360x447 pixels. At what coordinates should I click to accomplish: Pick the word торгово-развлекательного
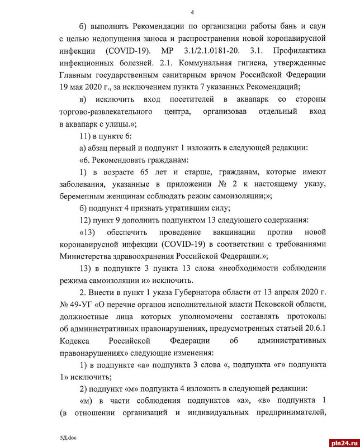click(x=108, y=112)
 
